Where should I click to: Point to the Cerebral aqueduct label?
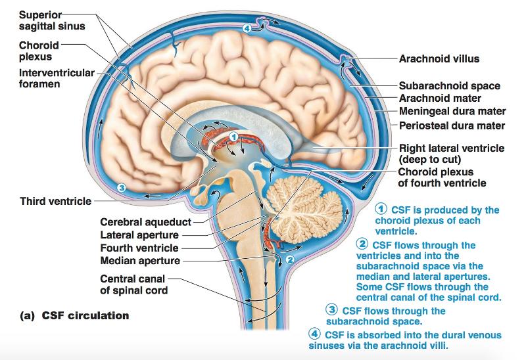(x=145, y=222)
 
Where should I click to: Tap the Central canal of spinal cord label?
(x=133, y=284)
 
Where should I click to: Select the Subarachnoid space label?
(x=449, y=86)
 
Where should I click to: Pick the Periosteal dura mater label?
(x=452, y=125)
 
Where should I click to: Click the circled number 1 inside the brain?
(x=233, y=136)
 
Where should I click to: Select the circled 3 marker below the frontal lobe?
(x=120, y=187)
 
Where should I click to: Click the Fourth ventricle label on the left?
(x=139, y=248)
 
